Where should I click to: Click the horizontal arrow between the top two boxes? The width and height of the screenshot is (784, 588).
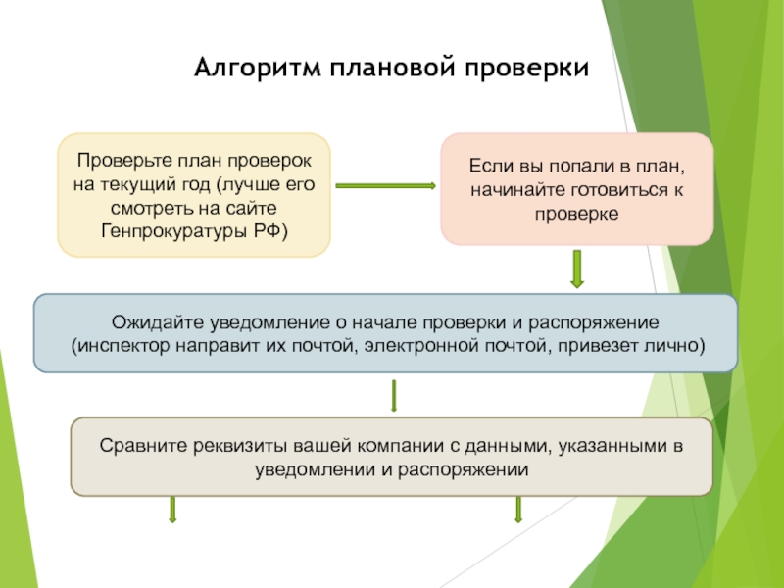click(x=385, y=184)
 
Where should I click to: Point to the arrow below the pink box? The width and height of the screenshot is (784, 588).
click(x=577, y=269)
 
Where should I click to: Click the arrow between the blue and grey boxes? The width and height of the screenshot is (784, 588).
click(x=394, y=395)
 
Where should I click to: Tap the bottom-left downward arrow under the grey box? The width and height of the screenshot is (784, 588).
click(x=172, y=510)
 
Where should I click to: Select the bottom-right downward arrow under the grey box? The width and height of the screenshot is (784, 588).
click(x=518, y=510)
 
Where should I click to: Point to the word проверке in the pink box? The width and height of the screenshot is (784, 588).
click(x=577, y=213)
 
